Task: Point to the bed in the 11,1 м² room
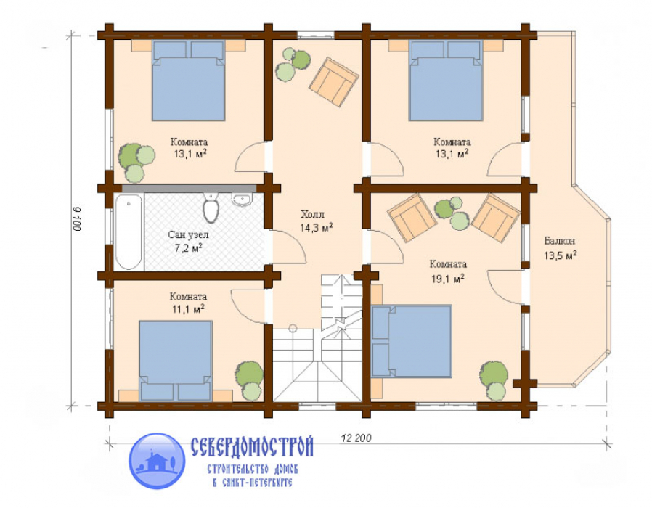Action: [176, 361]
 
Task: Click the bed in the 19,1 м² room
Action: [411, 341]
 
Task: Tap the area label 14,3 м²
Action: [317, 227]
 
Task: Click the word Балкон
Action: [560, 241]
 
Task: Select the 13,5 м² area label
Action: [560, 255]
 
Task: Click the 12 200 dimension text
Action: [356, 438]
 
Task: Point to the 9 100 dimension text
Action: [76, 219]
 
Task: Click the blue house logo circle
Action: [157, 461]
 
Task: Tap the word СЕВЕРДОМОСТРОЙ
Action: [252, 446]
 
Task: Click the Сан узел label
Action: [188, 235]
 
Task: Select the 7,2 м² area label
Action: [188, 249]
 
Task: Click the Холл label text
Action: [312, 215]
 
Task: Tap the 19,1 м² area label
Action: [448, 279]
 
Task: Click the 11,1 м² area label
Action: [188, 309]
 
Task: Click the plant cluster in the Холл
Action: [293, 64]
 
